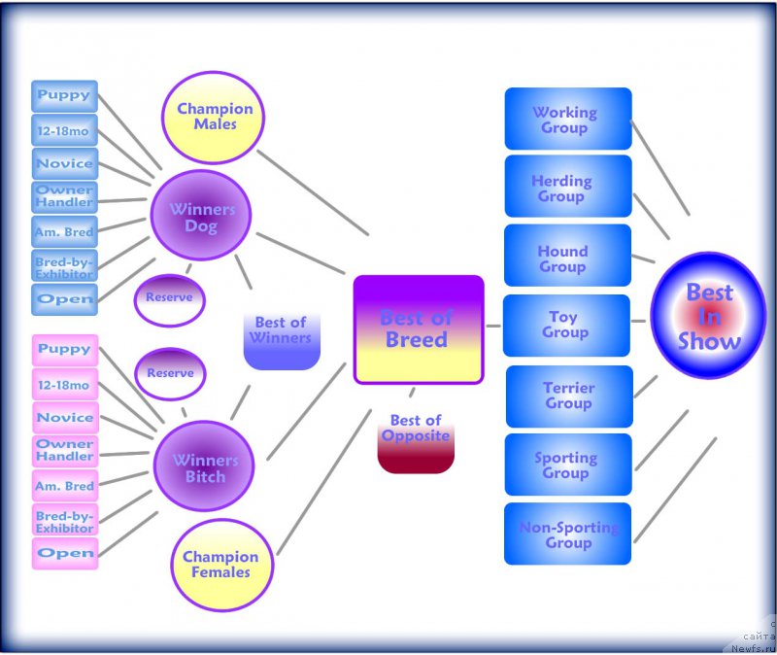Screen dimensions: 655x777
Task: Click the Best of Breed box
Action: point(418,328)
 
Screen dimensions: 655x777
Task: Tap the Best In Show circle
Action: point(708,316)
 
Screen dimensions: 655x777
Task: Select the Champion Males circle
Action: point(214,117)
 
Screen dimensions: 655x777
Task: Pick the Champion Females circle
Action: point(220,564)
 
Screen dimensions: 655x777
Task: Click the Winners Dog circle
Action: point(202,217)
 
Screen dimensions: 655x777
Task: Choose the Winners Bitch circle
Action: point(204,467)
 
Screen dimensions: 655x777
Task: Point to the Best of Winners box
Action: point(281,339)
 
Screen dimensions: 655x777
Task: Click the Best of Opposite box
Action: point(416,440)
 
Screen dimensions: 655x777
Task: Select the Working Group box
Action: point(567,120)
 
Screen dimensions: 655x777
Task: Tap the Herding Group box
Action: point(567,188)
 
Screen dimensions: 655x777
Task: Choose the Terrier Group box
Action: point(568,396)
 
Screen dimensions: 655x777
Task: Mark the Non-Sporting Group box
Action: point(568,534)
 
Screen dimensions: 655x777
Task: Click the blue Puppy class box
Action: point(64,95)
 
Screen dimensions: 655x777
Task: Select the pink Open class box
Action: point(65,553)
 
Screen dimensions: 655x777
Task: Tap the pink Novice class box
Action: point(65,418)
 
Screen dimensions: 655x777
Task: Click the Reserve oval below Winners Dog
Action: point(169,298)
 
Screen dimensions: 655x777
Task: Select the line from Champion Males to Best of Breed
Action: point(313,192)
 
